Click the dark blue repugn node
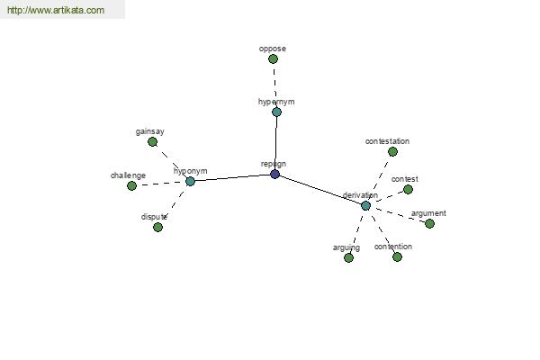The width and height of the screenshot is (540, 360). (x=274, y=174)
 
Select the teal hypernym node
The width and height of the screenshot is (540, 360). (x=276, y=112)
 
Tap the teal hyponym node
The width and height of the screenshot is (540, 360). (x=190, y=181)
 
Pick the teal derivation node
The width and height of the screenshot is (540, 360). (x=365, y=206)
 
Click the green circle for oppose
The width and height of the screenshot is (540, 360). (x=273, y=58)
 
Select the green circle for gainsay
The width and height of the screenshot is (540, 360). (x=153, y=141)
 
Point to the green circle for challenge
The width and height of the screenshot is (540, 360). (x=131, y=185)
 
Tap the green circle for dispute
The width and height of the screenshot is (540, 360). (x=157, y=227)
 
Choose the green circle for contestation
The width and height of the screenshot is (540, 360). (x=392, y=151)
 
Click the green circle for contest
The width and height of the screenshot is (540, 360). (x=408, y=190)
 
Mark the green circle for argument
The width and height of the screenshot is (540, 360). (x=429, y=223)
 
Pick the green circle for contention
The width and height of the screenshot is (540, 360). (x=397, y=256)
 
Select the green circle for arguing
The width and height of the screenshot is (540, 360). (x=348, y=257)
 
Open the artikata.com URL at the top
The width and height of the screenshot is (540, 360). (x=56, y=10)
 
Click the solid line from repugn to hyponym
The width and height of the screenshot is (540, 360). (x=232, y=178)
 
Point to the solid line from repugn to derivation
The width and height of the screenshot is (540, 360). (x=320, y=190)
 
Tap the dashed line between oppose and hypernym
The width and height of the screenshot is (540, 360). (x=274, y=85)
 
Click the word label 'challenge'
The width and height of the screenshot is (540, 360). (x=128, y=175)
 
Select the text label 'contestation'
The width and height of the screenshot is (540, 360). (x=387, y=141)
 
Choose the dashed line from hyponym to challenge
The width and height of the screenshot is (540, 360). (x=161, y=184)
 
